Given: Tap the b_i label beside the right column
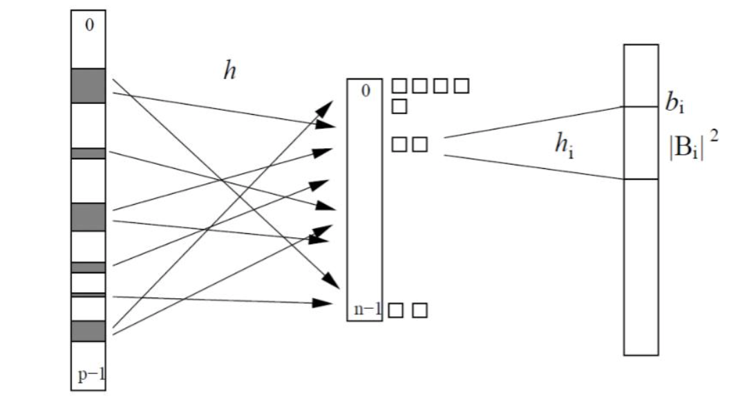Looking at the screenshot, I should coord(674,104).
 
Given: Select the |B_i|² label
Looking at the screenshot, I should coord(688,147).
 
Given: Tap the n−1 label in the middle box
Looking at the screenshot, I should coord(368,309).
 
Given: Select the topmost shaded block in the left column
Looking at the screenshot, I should coord(88,85).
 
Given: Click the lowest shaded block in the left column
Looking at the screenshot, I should coord(88,331).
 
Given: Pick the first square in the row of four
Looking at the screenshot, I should coord(399,87).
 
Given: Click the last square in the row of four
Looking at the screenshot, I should coord(462,87).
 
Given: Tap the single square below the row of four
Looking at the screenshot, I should coord(399,107).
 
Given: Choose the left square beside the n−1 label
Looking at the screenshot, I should coord(396,310).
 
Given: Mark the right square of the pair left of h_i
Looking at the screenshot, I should coord(420,144).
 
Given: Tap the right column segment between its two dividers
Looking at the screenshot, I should coord(641,143).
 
